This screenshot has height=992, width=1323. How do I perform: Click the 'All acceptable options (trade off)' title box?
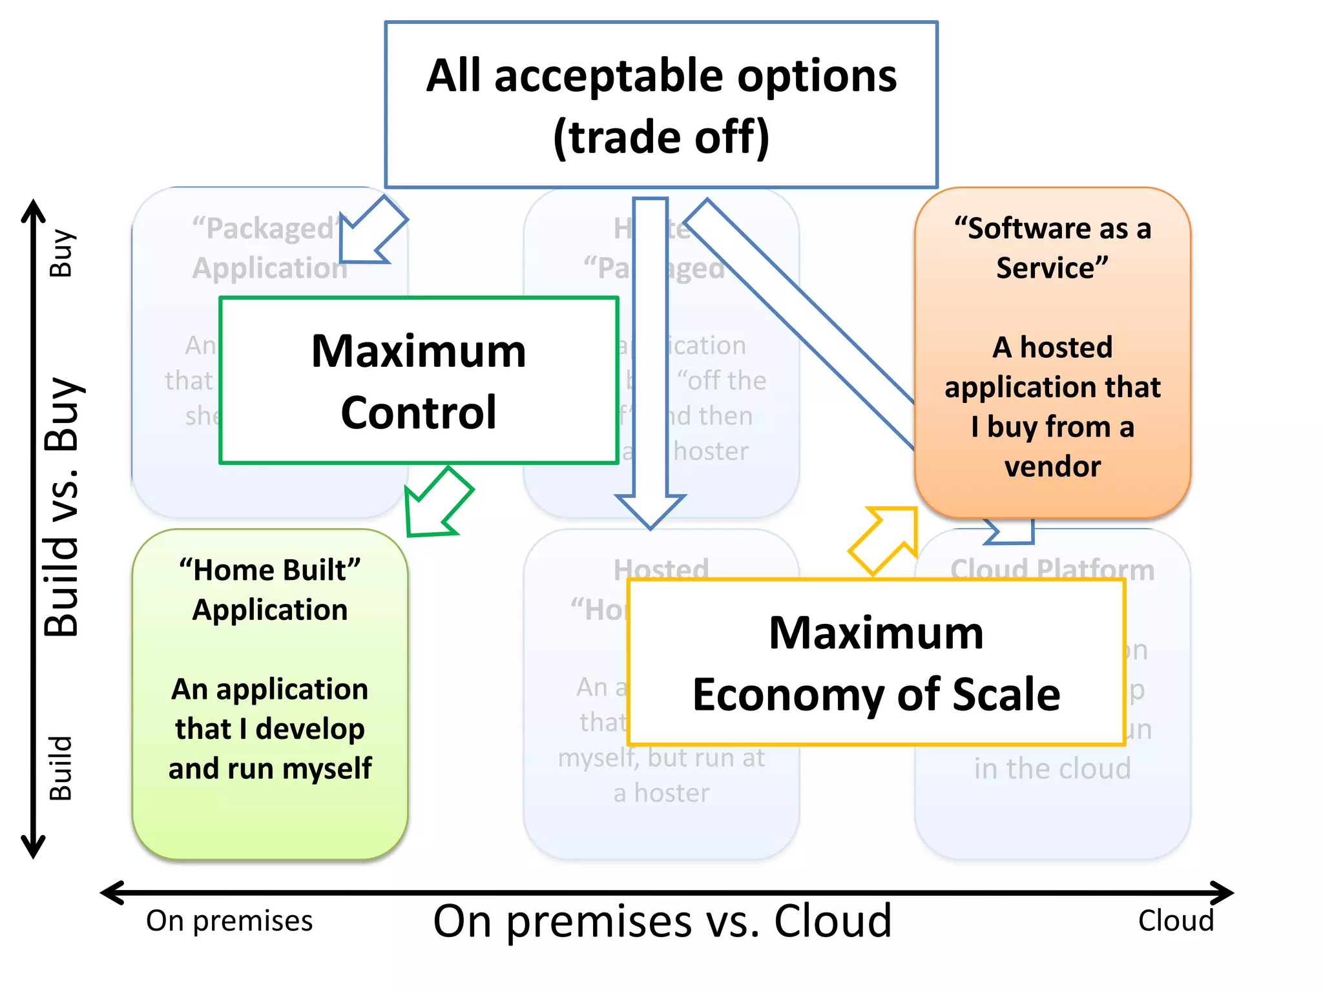[661, 105]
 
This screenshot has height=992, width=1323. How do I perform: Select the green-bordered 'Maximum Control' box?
[419, 380]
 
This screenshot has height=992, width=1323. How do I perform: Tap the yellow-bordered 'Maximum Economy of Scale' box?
[876, 663]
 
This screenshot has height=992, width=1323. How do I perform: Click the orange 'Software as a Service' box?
[1052, 352]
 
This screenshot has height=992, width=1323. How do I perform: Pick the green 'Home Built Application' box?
[270, 694]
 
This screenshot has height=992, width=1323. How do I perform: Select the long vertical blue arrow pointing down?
[650, 362]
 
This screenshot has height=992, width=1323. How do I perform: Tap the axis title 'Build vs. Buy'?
[62, 508]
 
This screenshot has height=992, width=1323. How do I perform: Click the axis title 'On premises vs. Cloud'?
[661, 921]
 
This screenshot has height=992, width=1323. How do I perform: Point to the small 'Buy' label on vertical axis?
[62, 253]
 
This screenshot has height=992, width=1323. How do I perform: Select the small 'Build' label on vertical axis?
[62, 769]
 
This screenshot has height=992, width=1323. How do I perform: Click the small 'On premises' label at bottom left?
[229, 921]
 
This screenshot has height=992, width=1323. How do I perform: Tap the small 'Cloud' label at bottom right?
[1176, 921]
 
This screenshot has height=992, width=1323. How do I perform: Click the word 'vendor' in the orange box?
[1052, 466]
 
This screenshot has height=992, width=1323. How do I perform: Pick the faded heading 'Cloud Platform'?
[1052, 569]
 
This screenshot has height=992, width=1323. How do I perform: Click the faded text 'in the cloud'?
[1052, 769]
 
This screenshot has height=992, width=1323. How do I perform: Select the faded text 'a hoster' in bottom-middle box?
[661, 792]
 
